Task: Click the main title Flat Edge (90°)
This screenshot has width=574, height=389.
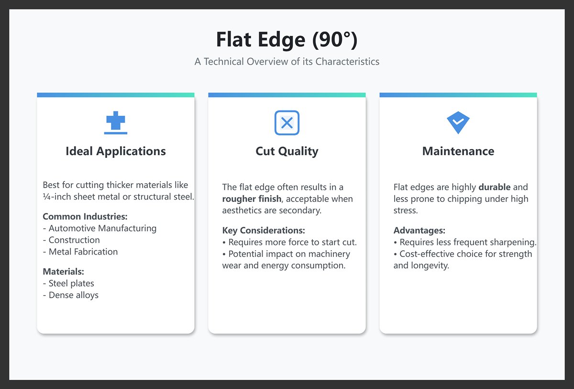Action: pos(287,39)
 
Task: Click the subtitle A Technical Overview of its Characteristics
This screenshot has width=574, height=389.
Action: pos(287,62)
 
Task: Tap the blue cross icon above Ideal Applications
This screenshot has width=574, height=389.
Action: pos(116,123)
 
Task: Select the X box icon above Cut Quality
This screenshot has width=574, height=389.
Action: pos(287,123)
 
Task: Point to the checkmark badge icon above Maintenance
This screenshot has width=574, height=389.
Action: pos(458,122)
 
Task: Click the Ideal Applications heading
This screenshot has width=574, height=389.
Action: pos(116,151)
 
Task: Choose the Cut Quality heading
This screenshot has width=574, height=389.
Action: pos(287,151)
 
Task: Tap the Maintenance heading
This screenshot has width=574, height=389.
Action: pos(458,151)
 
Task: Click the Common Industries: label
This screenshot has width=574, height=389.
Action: pos(85,216)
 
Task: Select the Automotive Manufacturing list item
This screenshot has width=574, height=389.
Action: pos(102,228)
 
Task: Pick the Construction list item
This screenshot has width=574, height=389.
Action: pos(74,240)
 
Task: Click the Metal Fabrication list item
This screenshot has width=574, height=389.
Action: pos(83,252)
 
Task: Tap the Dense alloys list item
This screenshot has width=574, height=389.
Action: pos(73,295)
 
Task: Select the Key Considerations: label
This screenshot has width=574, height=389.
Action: pos(264,230)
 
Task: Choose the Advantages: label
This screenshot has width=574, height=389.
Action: pos(419,230)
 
